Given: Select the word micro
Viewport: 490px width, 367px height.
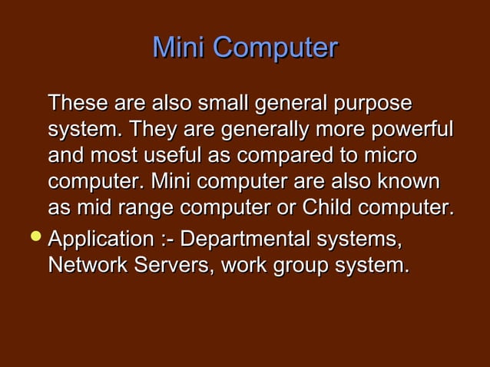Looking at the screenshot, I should (x=388, y=155).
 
